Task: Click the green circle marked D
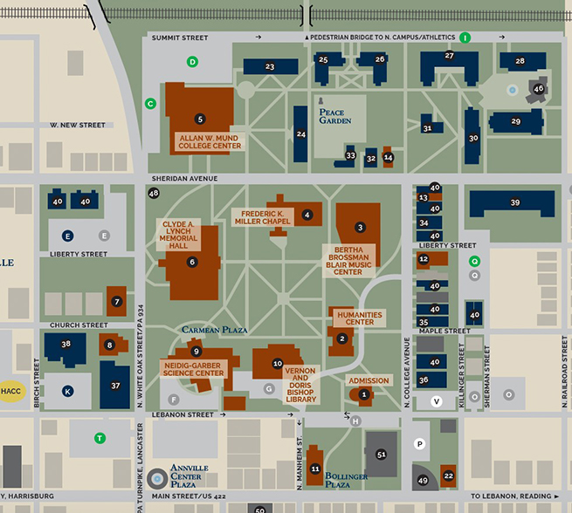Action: (x=193, y=61)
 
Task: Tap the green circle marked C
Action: (x=150, y=104)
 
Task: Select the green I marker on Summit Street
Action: (x=465, y=38)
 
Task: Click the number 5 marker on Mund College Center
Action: (x=200, y=119)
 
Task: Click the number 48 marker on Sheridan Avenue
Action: (x=155, y=193)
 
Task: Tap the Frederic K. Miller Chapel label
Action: (x=262, y=217)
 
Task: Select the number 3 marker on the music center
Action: (x=360, y=228)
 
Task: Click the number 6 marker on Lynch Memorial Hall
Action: (x=192, y=261)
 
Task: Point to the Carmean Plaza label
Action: (x=215, y=331)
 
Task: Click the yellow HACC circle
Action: (x=12, y=392)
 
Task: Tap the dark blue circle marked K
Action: (x=68, y=391)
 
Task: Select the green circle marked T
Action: (x=100, y=438)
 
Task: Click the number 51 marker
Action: (x=381, y=455)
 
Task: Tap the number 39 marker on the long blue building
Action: (x=515, y=202)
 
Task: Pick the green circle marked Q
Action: (x=475, y=261)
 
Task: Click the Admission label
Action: (x=369, y=381)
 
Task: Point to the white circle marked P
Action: (x=419, y=444)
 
